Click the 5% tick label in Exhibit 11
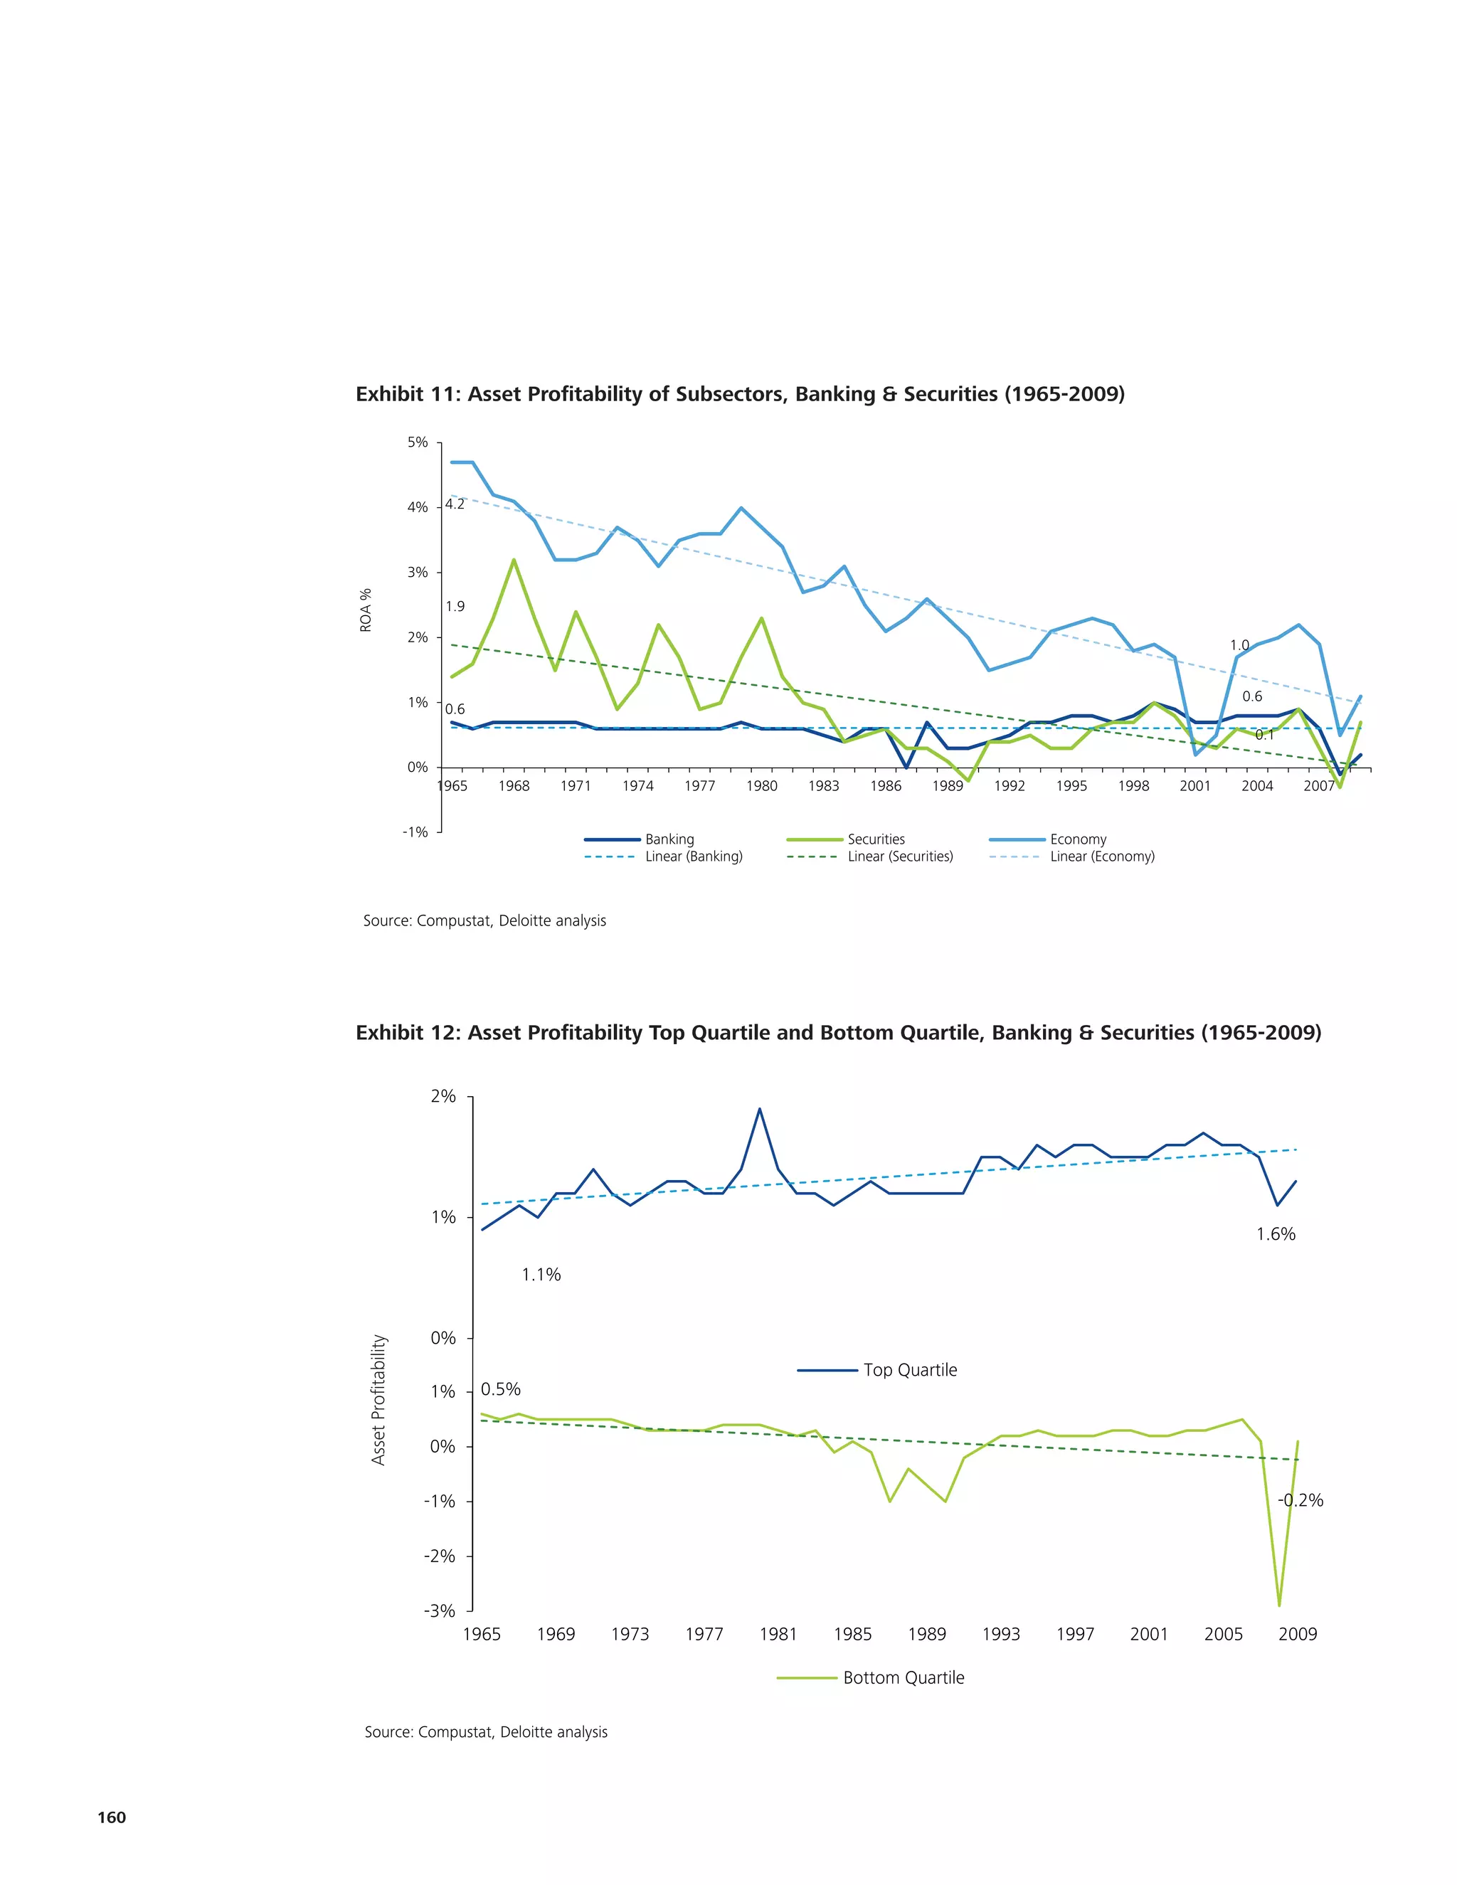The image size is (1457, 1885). click(x=417, y=442)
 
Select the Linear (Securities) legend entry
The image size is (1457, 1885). click(x=899, y=856)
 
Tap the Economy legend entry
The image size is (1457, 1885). click(x=1077, y=839)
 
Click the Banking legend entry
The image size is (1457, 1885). click(x=669, y=839)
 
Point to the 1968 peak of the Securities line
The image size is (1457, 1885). click(x=514, y=560)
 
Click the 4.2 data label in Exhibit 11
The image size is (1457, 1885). click(x=455, y=504)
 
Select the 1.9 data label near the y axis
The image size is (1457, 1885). click(x=455, y=606)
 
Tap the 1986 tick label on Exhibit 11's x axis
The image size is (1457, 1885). click(x=886, y=785)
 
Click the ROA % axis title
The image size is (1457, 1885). click(x=366, y=610)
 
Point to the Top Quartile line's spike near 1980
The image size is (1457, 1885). click(x=760, y=1109)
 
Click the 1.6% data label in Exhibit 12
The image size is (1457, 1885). click(x=1275, y=1234)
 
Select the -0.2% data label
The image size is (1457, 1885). click(x=1300, y=1500)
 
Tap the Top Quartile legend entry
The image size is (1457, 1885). click(x=909, y=1370)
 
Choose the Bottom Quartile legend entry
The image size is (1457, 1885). click(x=903, y=1678)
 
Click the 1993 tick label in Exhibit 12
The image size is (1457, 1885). click(x=1000, y=1634)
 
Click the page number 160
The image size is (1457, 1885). click(x=112, y=1817)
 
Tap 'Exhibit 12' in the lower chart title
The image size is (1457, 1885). click(x=406, y=1033)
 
